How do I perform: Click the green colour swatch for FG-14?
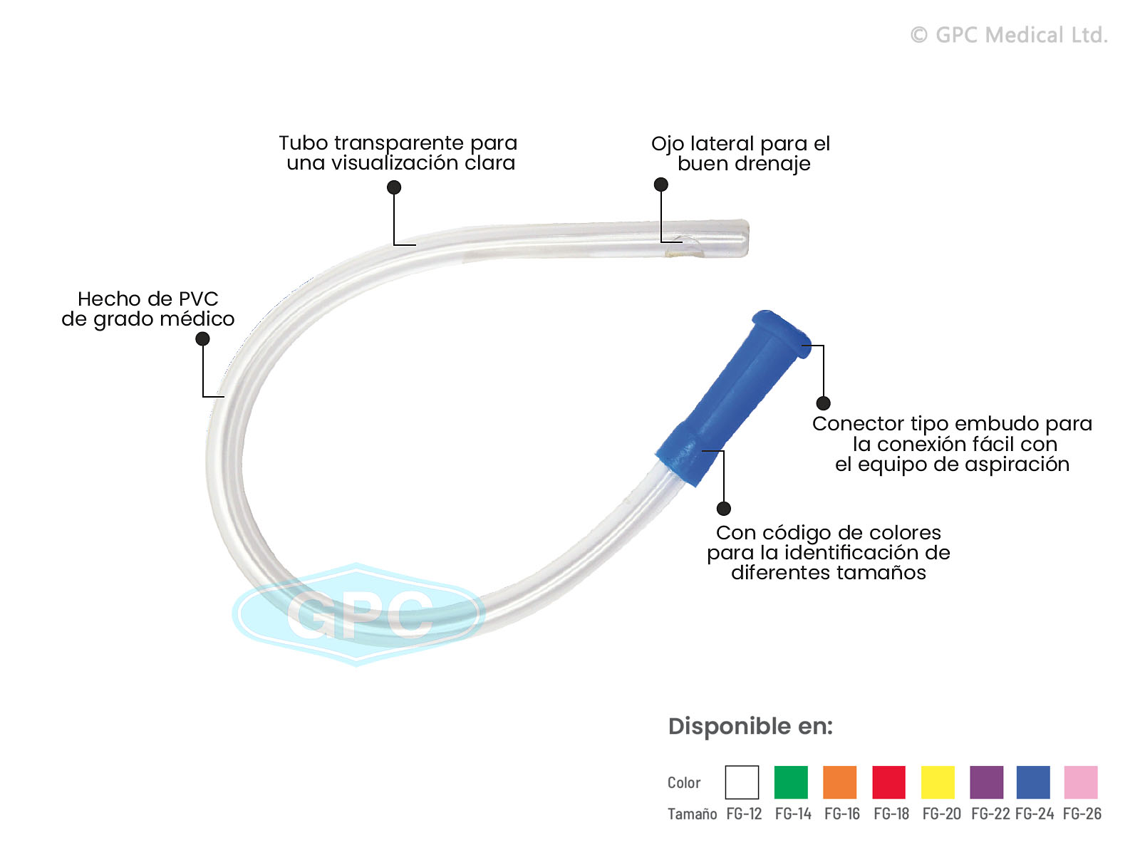point(791,782)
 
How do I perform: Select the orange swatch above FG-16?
point(839,782)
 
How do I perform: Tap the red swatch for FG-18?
point(888,782)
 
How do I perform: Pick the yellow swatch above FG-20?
point(938,782)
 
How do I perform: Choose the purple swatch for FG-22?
point(986,782)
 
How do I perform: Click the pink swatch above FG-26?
point(1080,782)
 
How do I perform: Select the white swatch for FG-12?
point(742,782)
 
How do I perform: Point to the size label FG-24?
point(1035,814)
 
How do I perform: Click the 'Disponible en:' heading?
point(750,726)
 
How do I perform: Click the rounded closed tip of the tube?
point(742,238)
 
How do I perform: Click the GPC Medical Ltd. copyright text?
point(1009,35)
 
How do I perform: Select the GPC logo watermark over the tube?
point(358,613)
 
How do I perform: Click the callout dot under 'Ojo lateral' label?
point(661,185)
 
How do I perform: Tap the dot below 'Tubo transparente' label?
point(394,187)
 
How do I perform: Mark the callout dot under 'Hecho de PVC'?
point(203,339)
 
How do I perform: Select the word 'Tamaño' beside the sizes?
point(692,814)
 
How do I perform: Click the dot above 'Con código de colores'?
point(724,508)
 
